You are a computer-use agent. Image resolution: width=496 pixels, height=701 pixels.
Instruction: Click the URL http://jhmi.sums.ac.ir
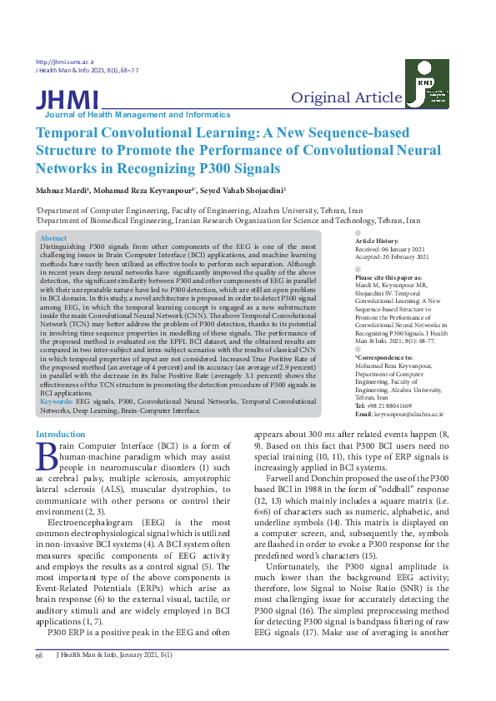[66, 62]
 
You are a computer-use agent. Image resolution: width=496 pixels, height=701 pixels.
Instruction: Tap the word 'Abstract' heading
[54, 238]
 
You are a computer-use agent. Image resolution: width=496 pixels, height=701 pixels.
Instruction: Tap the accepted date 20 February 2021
[408, 256]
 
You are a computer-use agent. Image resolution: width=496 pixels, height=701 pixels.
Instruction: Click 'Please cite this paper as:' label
[388, 277]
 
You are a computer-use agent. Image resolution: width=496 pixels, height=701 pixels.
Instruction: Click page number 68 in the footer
[38, 679]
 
